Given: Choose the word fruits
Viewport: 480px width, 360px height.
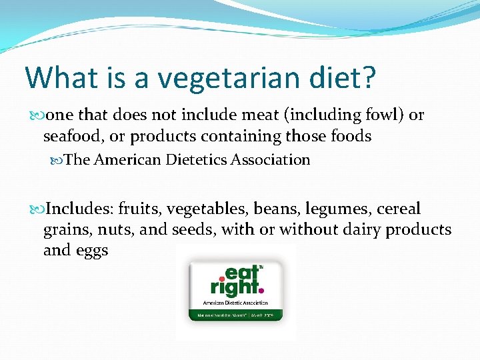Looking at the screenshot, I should pyautogui.click(x=139, y=209).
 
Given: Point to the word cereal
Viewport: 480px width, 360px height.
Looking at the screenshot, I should pyautogui.click(x=399, y=209).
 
